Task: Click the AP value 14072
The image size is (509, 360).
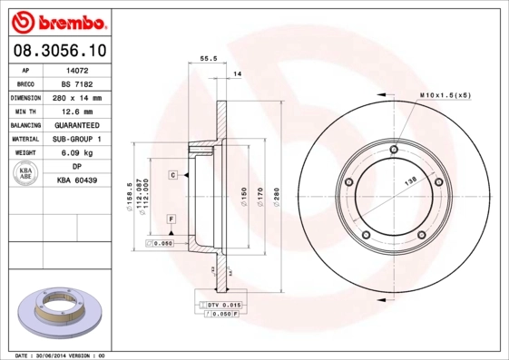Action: pyautogui.click(x=77, y=69)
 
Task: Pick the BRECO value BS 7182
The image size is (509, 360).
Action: pyautogui.click(x=77, y=83)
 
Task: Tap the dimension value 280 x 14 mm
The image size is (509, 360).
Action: pyautogui.click(x=77, y=96)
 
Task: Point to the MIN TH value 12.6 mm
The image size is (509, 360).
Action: pyautogui.click(x=77, y=110)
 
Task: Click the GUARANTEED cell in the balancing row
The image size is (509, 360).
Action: pyautogui.click(x=77, y=124)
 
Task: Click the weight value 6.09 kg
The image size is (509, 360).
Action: pyautogui.click(x=77, y=152)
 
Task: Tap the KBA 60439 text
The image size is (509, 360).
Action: pyautogui.click(x=77, y=180)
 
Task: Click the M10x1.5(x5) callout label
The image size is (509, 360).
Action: pyautogui.click(x=446, y=94)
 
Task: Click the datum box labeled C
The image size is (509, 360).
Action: pyautogui.click(x=171, y=173)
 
